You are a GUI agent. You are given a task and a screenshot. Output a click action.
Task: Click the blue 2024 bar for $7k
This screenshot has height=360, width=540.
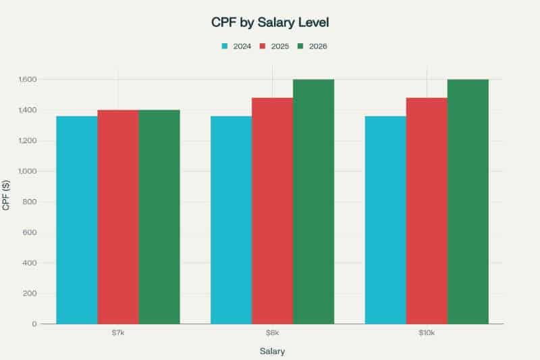(x=76, y=220)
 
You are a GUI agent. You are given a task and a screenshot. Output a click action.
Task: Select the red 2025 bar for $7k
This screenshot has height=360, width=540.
(x=118, y=217)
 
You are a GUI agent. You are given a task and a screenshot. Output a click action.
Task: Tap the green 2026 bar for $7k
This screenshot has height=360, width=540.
(x=159, y=217)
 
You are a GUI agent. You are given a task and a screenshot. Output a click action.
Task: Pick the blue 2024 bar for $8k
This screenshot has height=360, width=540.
(x=231, y=220)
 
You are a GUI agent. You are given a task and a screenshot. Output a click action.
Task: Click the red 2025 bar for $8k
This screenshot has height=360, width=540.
(x=272, y=211)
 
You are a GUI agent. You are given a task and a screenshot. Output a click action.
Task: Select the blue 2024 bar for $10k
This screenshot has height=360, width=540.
(x=385, y=220)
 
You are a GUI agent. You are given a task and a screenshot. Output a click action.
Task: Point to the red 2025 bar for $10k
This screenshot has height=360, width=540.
(x=427, y=211)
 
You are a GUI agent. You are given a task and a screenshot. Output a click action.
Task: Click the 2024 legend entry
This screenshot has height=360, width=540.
(x=236, y=46)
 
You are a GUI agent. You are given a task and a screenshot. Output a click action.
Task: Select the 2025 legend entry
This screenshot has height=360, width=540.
(x=274, y=46)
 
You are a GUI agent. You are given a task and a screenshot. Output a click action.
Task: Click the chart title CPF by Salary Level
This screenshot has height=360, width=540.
(x=270, y=22)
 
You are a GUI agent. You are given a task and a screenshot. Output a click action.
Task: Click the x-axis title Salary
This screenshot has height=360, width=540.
(x=272, y=351)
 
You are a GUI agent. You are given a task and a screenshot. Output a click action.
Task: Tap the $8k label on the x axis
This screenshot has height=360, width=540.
(x=272, y=334)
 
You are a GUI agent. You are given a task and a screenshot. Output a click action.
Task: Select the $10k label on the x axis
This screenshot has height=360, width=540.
(x=427, y=334)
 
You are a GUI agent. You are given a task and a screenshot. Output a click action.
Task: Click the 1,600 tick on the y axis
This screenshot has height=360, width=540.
(x=26, y=80)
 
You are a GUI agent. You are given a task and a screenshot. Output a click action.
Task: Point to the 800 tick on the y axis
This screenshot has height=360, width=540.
(x=30, y=202)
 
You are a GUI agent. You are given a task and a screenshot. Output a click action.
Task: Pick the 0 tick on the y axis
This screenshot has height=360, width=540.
(x=34, y=324)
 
